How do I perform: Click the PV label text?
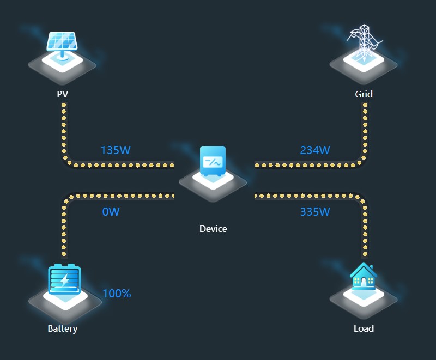coord(63,94)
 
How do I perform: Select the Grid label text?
coord(364,94)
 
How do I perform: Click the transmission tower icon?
coord(364,41)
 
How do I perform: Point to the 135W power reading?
coord(116,150)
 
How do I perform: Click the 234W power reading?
coord(315,150)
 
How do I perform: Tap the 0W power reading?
coord(111,212)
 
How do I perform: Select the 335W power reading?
coord(315,212)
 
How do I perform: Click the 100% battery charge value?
coord(117,294)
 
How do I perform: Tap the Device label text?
coord(213,229)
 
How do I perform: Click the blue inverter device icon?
coord(213,161)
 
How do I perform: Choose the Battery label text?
coord(63,328)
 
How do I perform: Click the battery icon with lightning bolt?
coord(64,279)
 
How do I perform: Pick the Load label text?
coord(364,328)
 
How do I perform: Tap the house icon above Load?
coord(364,276)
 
